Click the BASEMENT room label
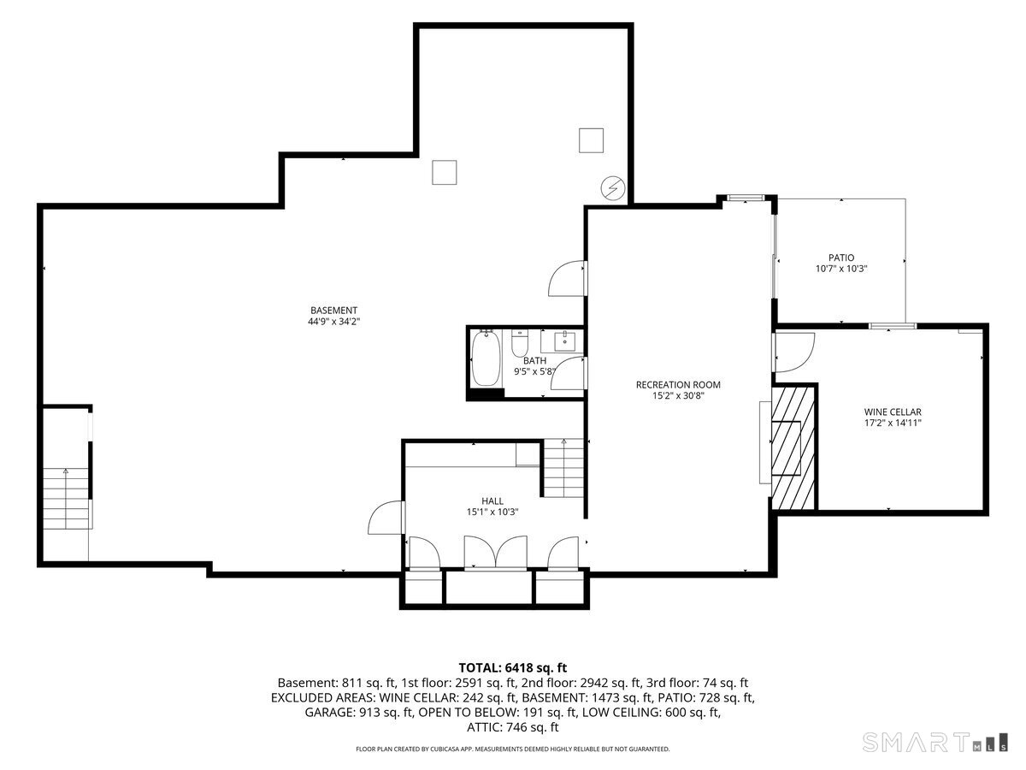click(333, 310)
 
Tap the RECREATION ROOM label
click(678, 384)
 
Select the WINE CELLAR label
click(893, 412)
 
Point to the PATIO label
click(841, 258)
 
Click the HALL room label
click(492, 500)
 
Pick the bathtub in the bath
click(486, 358)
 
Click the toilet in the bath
click(519, 343)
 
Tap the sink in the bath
click(564, 341)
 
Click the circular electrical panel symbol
click(612, 188)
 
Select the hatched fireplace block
click(793, 447)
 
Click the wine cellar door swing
click(794, 352)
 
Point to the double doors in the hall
click(495, 553)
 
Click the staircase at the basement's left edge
click(66, 498)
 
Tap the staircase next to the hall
click(563, 467)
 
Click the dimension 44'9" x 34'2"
click(333, 321)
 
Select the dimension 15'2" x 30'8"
click(678, 395)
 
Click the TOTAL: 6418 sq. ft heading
click(512, 667)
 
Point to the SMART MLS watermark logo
click(935, 742)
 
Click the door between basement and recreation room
click(568, 278)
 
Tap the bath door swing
click(569, 373)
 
